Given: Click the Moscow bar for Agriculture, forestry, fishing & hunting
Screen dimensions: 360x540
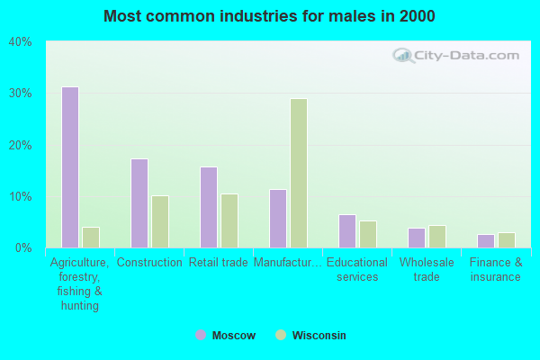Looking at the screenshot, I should (70, 167).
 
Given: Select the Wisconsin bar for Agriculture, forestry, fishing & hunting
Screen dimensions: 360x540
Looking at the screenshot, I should (91, 238).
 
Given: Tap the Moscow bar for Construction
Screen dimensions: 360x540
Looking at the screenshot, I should (139, 203).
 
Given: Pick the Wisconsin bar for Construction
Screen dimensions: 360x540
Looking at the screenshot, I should (160, 221).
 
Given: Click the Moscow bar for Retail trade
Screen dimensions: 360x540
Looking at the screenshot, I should (209, 207).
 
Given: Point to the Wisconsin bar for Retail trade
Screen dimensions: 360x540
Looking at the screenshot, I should (229, 220).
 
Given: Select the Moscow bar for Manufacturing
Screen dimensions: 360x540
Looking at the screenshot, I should (278, 219).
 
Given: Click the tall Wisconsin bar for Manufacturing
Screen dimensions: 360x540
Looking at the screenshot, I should (299, 173).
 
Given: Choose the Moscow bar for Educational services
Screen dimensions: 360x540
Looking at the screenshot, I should (347, 231).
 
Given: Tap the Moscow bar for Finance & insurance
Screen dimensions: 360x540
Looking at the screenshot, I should (486, 241).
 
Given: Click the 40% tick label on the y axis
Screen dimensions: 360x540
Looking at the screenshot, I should (20, 41).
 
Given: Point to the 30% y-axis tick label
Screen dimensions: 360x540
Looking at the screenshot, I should (20, 94).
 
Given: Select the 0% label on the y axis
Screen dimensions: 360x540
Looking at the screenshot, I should (22, 247).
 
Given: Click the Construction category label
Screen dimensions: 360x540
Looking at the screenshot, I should (149, 263).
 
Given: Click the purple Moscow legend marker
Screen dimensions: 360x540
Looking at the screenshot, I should (201, 335).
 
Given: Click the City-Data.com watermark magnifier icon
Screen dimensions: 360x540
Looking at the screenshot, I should (402, 56).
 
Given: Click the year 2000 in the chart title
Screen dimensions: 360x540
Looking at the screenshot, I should (419, 16).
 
